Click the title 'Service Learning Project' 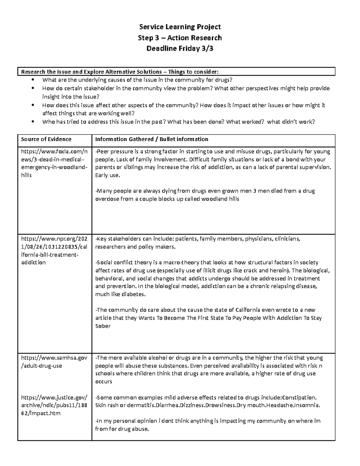[180, 27]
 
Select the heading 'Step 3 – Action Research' [180, 38]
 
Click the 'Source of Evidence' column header [46, 139]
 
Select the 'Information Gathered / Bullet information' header [151, 139]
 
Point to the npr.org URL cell [54, 251]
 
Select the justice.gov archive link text [54, 405]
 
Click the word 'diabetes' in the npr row [135, 294]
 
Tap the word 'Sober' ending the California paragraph [103, 326]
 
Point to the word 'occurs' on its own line [103, 382]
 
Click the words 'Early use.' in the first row [107, 175]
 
